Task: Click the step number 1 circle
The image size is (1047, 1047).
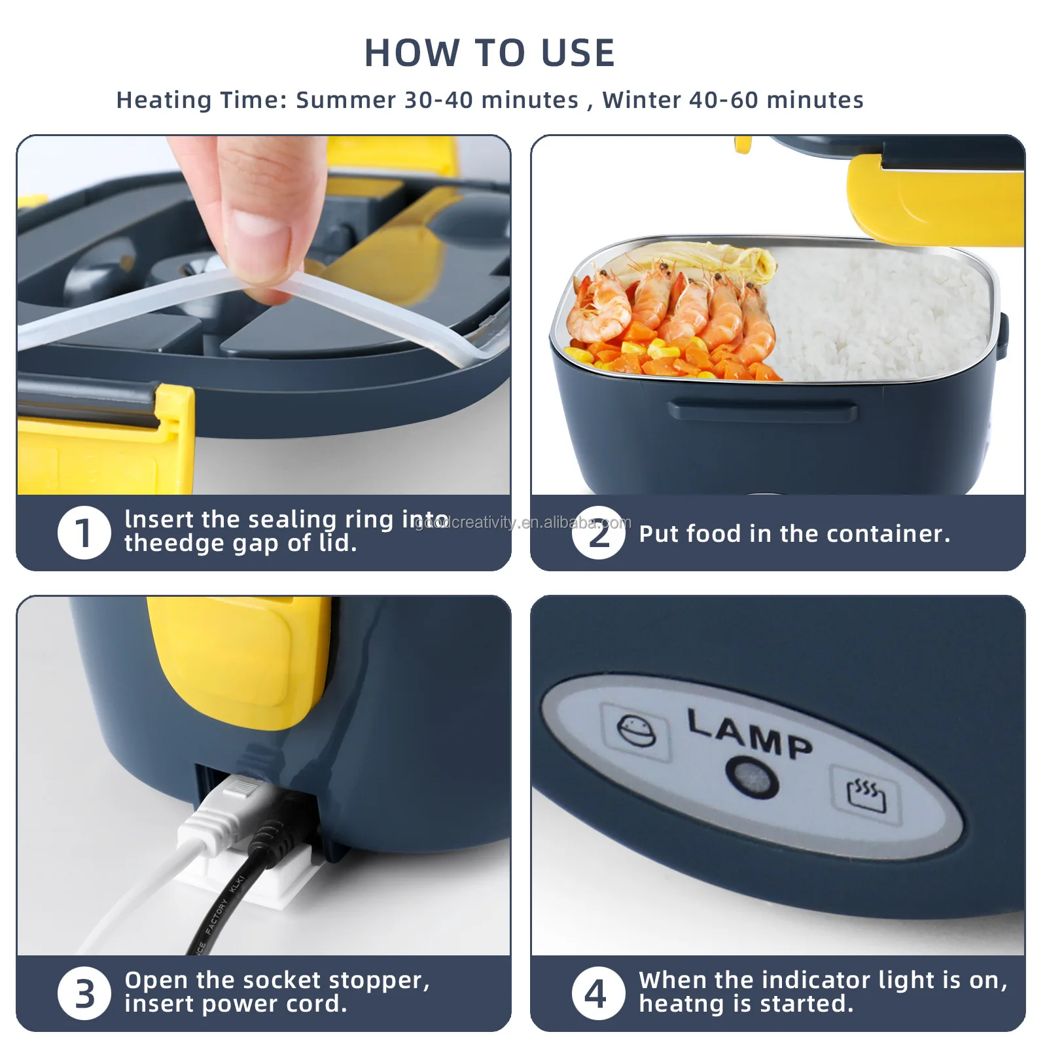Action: tap(84, 533)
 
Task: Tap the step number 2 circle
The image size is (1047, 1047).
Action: tap(599, 533)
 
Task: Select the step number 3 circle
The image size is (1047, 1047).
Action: tap(84, 993)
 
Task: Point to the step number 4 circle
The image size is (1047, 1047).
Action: tap(599, 993)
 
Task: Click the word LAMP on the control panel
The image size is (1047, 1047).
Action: tap(750, 734)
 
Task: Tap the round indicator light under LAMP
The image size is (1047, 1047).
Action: tap(753, 777)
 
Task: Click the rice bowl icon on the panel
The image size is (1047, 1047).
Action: tap(637, 732)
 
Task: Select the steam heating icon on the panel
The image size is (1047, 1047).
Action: tap(866, 795)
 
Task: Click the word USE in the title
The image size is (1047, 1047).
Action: tap(578, 53)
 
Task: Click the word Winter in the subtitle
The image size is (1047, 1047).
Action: tap(641, 100)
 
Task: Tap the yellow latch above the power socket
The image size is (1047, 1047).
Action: tap(239, 661)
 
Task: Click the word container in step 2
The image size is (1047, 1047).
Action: tap(889, 534)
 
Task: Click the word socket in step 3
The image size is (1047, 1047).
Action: tap(283, 980)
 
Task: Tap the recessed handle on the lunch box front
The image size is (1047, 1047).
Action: tap(762, 411)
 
